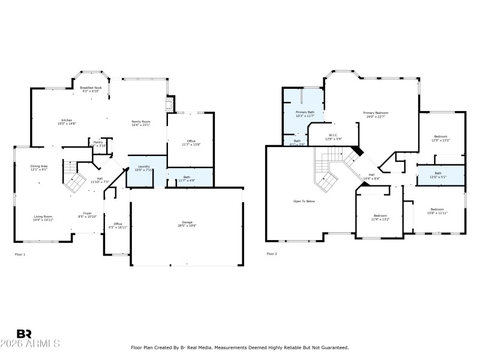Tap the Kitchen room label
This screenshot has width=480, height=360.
click(67, 122)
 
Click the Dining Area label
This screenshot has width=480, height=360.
click(40, 167)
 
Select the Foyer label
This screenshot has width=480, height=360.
click(88, 215)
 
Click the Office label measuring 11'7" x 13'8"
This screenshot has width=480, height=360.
click(190, 143)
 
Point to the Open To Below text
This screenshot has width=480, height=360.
click(304, 201)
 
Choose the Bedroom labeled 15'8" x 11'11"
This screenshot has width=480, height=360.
click(437, 211)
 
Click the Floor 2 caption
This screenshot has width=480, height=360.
click(272, 254)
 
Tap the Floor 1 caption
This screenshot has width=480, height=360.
click(20, 254)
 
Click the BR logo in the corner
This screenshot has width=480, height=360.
click(24, 334)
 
